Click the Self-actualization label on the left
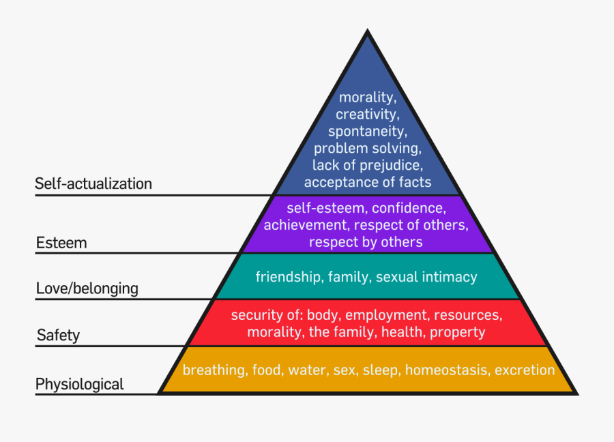pos(93,183)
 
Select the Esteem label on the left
pos(61,243)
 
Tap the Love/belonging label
pos(87,289)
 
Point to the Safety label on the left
pos(58,335)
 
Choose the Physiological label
pos(80,384)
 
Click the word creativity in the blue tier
pos(367,114)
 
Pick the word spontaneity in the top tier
pos(367,130)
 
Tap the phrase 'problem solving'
pos(367,147)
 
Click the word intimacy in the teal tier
pos(449,277)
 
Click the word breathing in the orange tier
pos(214,370)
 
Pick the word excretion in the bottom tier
pos(525,370)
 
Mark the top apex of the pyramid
pos(368,31)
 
